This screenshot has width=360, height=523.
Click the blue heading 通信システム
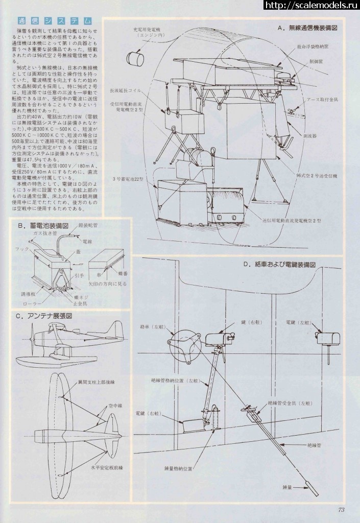coord(55,21)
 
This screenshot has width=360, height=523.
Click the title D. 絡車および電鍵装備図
coord(280,265)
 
